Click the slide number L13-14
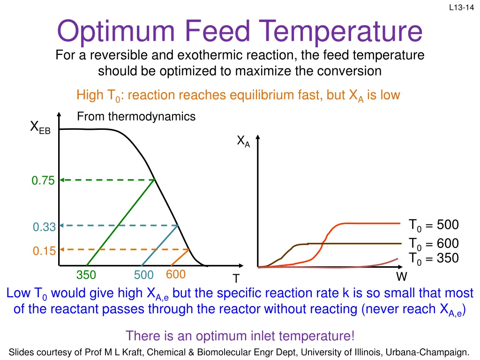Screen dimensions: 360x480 (x=461, y=7)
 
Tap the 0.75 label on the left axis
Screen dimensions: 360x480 (x=43, y=180)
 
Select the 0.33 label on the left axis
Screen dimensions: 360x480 (x=44, y=228)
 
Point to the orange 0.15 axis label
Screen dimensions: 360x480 (x=44, y=251)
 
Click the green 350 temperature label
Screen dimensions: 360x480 (x=86, y=275)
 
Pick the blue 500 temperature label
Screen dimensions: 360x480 (x=143, y=275)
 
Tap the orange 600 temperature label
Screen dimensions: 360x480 (x=176, y=274)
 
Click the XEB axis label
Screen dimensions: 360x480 (x=40, y=127)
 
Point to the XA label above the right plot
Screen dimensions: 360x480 (x=243, y=141)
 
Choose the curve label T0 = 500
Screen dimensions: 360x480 (x=434, y=225)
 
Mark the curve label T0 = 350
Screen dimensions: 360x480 (x=434, y=258)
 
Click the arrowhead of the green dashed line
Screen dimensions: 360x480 (x=62, y=180)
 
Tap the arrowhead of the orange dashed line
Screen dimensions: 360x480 (x=62, y=249)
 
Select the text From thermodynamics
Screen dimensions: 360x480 (x=136, y=117)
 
